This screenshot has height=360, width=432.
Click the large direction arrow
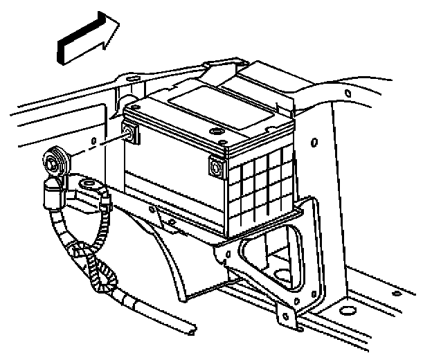click(87, 40)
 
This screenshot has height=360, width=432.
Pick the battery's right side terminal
click(217, 167)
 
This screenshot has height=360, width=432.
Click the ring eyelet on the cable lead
click(87, 184)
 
